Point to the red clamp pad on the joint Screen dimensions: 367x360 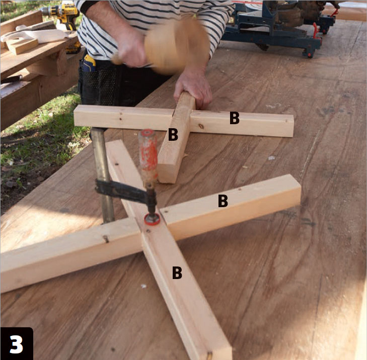pyautogui.click(x=152, y=220)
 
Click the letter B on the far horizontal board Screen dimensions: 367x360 pyautogui.click(x=234, y=118)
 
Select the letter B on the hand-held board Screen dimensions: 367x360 pyautogui.click(x=173, y=134)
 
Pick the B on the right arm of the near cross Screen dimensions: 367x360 pyautogui.click(x=223, y=201)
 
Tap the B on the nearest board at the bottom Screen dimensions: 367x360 pyautogui.click(x=177, y=273)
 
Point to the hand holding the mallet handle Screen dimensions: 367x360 pyautogui.click(x=131, y=48)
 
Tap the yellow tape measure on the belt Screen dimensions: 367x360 pyautogui.click(x=89, y=63)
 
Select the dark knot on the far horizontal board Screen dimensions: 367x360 pyautogui.click(x=201, y=127)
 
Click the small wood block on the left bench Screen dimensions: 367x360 pyautogui.click(x=22, y=46)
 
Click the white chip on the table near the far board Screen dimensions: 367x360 pyautogui.click(x=271, y=158)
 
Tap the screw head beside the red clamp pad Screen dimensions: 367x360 pyautogui.click(x=148, y=231)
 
